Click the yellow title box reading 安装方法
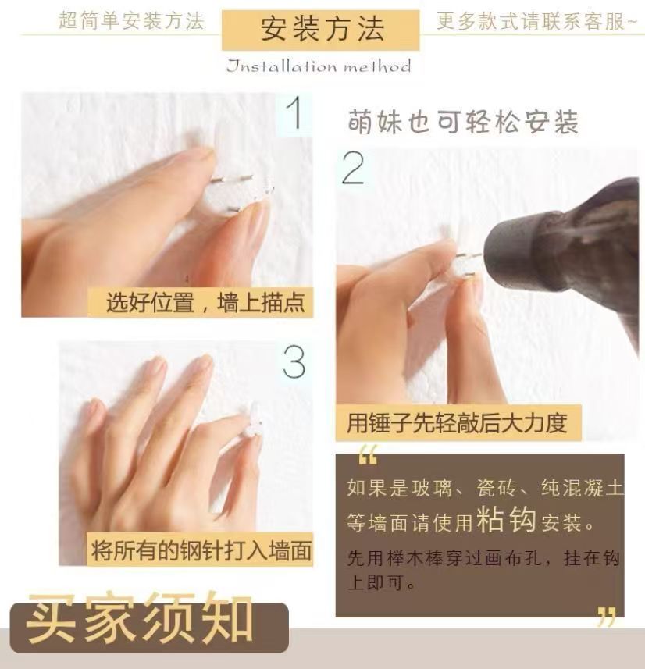coord(321,30)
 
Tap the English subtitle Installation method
coord(319,66)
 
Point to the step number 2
coord(353,169)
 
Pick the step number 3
coord(294,362)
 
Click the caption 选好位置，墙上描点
coord(205,303)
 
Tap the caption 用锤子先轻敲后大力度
coord(457,423)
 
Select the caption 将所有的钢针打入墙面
coord(201,550)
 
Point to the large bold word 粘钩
coord(506,519)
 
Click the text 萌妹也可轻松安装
coord(463,123)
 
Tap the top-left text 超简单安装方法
coord(131,21)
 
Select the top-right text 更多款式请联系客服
coord(536,21)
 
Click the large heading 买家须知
coord(140,617)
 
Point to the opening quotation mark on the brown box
coord(368,455)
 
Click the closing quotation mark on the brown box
coord(607,617)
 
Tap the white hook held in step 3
coord(252,421)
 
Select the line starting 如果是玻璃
coord(484,488)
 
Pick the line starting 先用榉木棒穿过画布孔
coord(483,557)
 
